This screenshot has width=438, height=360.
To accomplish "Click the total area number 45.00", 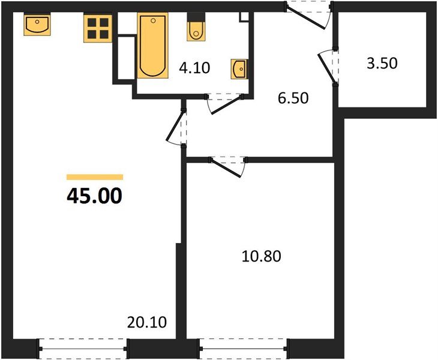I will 94,196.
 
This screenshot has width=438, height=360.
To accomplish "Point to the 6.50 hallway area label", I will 293,97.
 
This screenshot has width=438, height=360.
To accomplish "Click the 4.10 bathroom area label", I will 194,67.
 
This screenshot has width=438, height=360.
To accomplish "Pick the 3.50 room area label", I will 382,62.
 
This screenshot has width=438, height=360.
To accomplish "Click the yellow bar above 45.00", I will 94,177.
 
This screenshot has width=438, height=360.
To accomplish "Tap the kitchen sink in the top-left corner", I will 37,25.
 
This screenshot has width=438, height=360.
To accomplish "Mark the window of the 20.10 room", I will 83,347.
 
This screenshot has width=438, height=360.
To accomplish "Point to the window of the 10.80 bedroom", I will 244,347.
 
